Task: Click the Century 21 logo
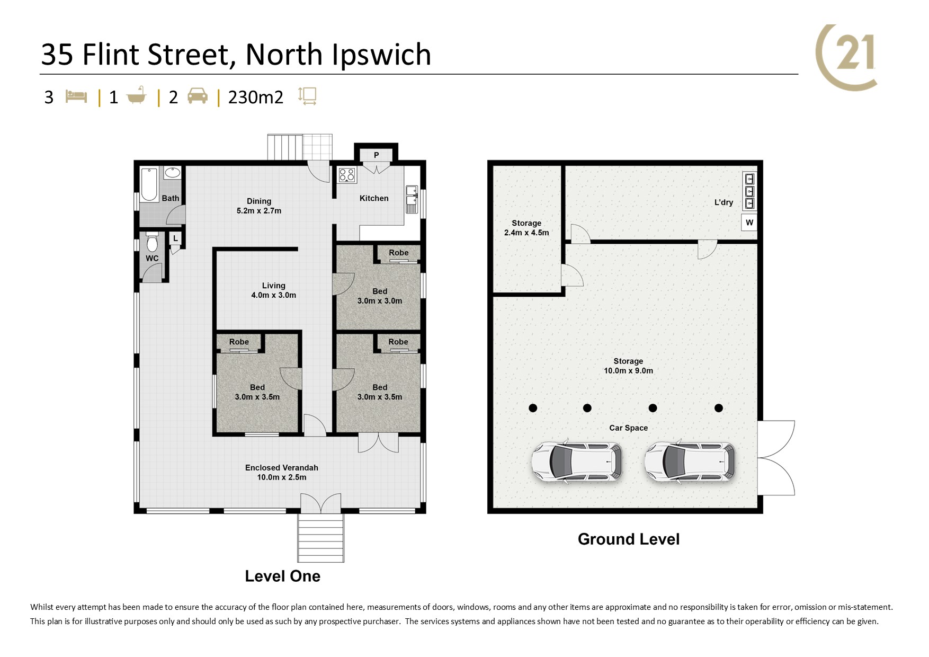tap(846, 57)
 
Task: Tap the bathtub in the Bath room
tap(149, 184)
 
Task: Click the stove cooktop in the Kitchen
tap(347, 175)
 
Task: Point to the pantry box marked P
tap(376, 155)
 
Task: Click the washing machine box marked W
tap(749, 223)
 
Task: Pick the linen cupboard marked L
tap(175, 238)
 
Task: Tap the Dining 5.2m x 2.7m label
tap(259, 206)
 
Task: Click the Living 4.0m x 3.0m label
tap(273, 290)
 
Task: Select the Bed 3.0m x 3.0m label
tap(380, 296)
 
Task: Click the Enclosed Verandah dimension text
tap(282, 477)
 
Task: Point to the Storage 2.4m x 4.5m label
tap(526, 228)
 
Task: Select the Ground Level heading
tap(629, 539)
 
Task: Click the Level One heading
tap(282, 576)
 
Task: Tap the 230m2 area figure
tap(256, 97)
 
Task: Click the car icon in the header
tap(198, 96)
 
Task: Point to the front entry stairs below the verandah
tap(321, 537)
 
